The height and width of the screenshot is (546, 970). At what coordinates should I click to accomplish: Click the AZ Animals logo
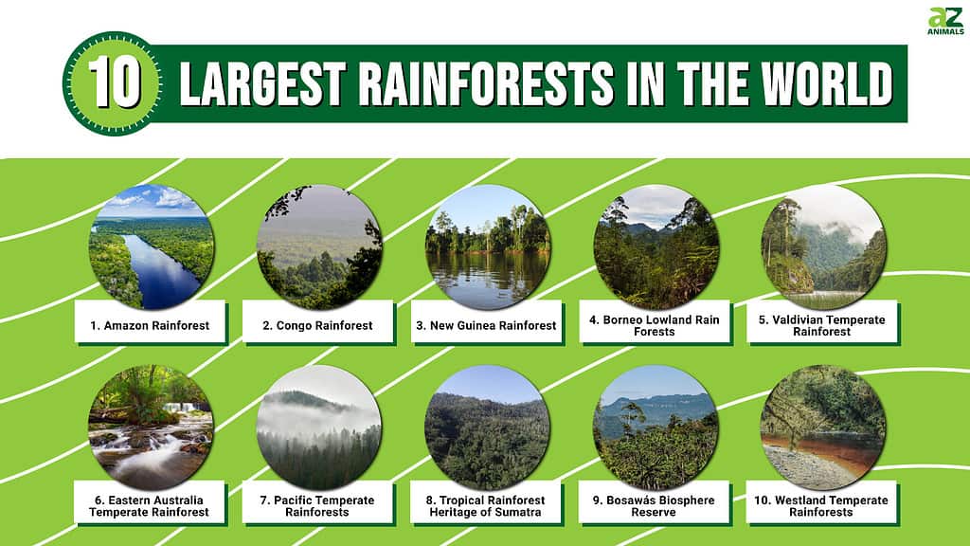[x=945, y=21]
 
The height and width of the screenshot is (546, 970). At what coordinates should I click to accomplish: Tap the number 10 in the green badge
[x=115, y=83]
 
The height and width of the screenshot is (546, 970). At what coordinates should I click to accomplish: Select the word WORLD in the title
[x=826, y=83]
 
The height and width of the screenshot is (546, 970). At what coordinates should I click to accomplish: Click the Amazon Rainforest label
[x=150, y=326]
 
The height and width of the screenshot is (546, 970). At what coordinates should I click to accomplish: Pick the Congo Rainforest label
[x=317, y=326]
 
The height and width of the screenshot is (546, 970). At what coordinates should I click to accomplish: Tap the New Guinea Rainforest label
[x=486, y=326]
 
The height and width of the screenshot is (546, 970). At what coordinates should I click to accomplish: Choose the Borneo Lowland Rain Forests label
[x=654, y=326]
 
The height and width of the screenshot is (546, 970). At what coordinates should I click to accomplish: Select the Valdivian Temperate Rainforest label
[x=822, y=326]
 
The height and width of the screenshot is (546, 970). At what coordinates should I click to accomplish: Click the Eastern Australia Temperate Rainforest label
[x=149, y=506]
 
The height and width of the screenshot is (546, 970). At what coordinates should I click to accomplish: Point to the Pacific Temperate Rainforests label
[x=317, y=506]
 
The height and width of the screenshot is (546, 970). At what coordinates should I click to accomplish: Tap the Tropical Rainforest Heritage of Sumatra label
[x=486, y=506]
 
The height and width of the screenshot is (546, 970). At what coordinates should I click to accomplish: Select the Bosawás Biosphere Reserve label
[x=654, y=506]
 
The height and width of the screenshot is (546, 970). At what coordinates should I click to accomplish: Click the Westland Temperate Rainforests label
[x=821, y=506]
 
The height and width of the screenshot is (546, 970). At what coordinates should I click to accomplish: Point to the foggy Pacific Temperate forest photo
[x=318, y=428]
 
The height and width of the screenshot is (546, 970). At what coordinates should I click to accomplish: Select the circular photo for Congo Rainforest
[x=318, y=247]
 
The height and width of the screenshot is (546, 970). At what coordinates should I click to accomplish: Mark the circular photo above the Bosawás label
[x=656, y=428]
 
